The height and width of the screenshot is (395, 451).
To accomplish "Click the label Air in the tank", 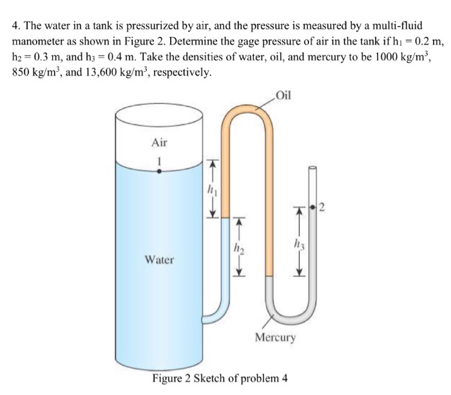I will tap(159, 141).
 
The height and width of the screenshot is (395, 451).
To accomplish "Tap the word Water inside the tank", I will tap(159, 259).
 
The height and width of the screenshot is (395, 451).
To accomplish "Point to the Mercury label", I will tap(275, 337).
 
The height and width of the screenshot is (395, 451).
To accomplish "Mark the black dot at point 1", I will tap(159, 172).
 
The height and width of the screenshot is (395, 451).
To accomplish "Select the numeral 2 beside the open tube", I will tap(323, 207).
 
